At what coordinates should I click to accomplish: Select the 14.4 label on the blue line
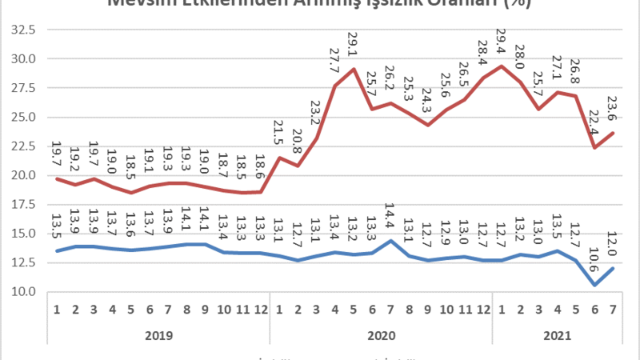click(x=390, y=218)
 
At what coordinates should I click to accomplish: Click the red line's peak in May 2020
click(x=353, y=69)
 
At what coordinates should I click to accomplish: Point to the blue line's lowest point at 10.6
click(x=594, y=285)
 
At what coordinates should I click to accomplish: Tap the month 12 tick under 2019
click(x=260, y=310)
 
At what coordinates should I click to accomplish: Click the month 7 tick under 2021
click(x=614, y=310)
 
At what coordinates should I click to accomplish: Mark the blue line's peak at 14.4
click(x=390, y=240)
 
